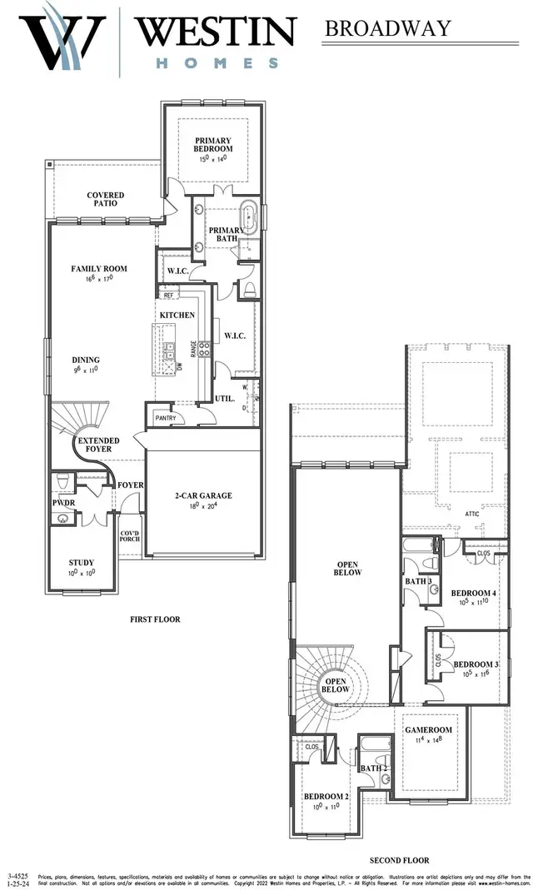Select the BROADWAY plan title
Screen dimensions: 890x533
point(387,28)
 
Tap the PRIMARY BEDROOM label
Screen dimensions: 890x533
point(213,144)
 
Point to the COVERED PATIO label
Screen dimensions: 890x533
point(107,199)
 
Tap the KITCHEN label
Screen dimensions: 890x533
point(177,315)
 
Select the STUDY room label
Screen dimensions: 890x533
point(81,562)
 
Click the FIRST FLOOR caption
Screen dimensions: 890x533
point(155,619)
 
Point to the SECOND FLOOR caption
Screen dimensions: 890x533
point(400,860)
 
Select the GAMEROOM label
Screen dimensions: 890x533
point(428,729)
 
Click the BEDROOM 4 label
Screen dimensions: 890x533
point(474,593)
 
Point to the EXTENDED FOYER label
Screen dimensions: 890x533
point(99,445)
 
